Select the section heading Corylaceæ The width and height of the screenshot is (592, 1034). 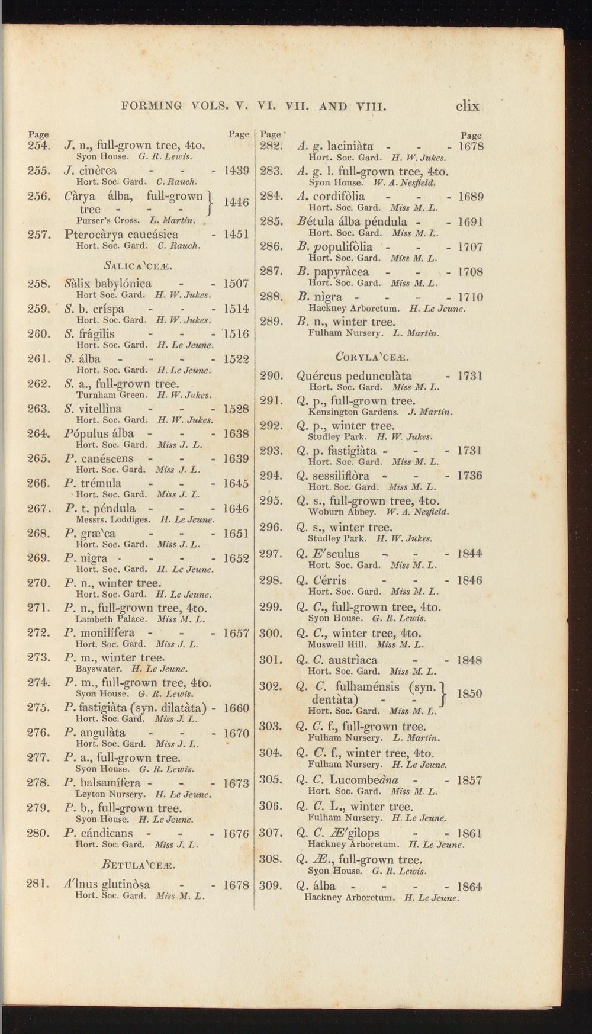click(x=372, y=357)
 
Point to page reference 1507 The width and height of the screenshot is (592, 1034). click(x=236, y=284)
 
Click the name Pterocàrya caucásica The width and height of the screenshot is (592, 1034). click(x=121, y=234)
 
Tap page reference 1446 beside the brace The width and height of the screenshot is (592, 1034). click(x=236, y=202)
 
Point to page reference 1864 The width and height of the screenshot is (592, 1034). click(x=470, y=887)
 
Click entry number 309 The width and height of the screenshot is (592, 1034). click(x=270, y=886)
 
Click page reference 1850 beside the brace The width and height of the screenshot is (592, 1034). click(x=470, y=693)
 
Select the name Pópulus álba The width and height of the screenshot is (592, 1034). click(x=99, y=433)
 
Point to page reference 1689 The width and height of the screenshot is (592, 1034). click(x=471, y=197)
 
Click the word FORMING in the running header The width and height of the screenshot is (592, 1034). click(x=151, y=107)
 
